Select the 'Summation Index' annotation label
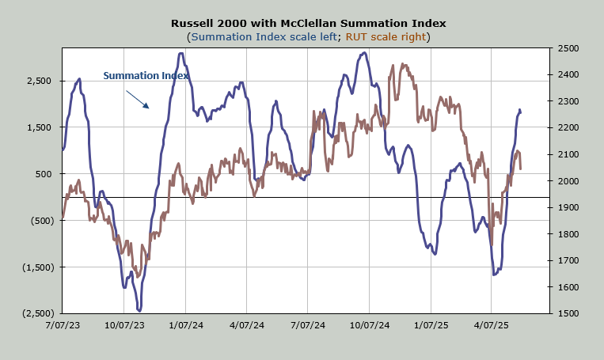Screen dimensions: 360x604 (146, 76)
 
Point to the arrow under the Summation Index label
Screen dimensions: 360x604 (137, 98)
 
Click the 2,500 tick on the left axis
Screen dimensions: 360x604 (36, 81)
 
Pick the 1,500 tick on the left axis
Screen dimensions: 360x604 (36, 127)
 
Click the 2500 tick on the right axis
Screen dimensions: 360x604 (568, 48)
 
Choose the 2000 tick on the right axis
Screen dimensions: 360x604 (568, 181)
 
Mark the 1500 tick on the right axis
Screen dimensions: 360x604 (568, 313)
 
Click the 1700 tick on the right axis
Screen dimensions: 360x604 (568, 260)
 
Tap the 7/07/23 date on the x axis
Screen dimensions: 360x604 (62, 325)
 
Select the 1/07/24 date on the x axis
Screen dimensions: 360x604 (184, 325)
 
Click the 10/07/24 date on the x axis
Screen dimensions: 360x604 (369, 325)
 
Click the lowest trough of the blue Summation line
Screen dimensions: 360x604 (139, 310)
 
